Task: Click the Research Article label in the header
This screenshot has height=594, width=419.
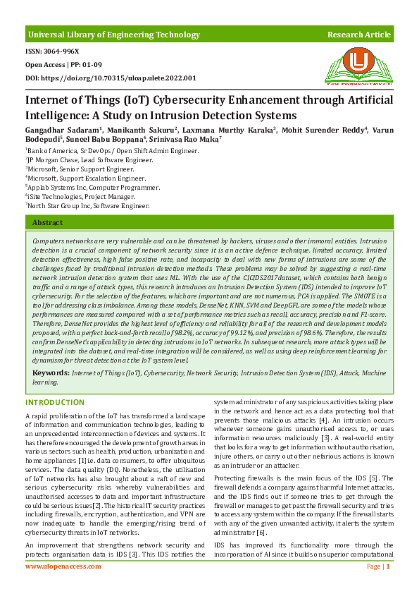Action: point(358,35)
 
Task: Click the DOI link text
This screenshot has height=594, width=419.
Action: point(111,78)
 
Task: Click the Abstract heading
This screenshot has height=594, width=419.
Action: point(48,223)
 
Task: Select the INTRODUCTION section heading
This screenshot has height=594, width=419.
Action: point(55,402)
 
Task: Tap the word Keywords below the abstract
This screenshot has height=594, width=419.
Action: point(51,371)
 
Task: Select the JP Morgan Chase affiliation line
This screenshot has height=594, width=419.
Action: point(89,160)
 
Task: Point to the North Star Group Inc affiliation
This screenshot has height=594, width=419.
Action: point(88,206)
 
